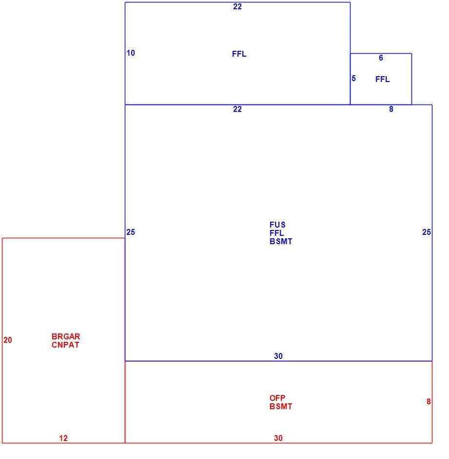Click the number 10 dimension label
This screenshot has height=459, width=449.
(x=131, y=53)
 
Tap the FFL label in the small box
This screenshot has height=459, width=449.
(x=382, y=79)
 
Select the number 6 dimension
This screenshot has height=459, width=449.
(x=381, y=58)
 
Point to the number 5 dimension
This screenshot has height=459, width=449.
(x=354, y=79)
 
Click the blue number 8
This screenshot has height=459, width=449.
(x=391, y=109)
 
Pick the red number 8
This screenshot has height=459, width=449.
(x=429, y=401)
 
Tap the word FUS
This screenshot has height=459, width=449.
(x=277, y=225)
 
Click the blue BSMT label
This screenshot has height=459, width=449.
(x=281, y=242)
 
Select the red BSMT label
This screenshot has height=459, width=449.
(x=281, y=407)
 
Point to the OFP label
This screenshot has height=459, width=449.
(x=277, y=398)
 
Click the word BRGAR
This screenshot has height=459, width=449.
(x=66, y=336)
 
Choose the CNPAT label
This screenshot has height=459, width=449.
(x=65, y=345)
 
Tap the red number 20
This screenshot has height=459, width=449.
(x=8, y=340)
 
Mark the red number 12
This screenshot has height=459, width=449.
(x=63, y=438)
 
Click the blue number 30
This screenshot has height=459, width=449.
(x=278, y=356)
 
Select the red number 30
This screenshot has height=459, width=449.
(x=278, y=438)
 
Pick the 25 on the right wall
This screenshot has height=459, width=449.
(x=427, y=232)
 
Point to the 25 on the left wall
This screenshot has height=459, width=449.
(x=131, y=232)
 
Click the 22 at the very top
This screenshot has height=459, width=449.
(x=237, y=7)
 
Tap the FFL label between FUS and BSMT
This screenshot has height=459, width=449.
(x=276, y=233)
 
